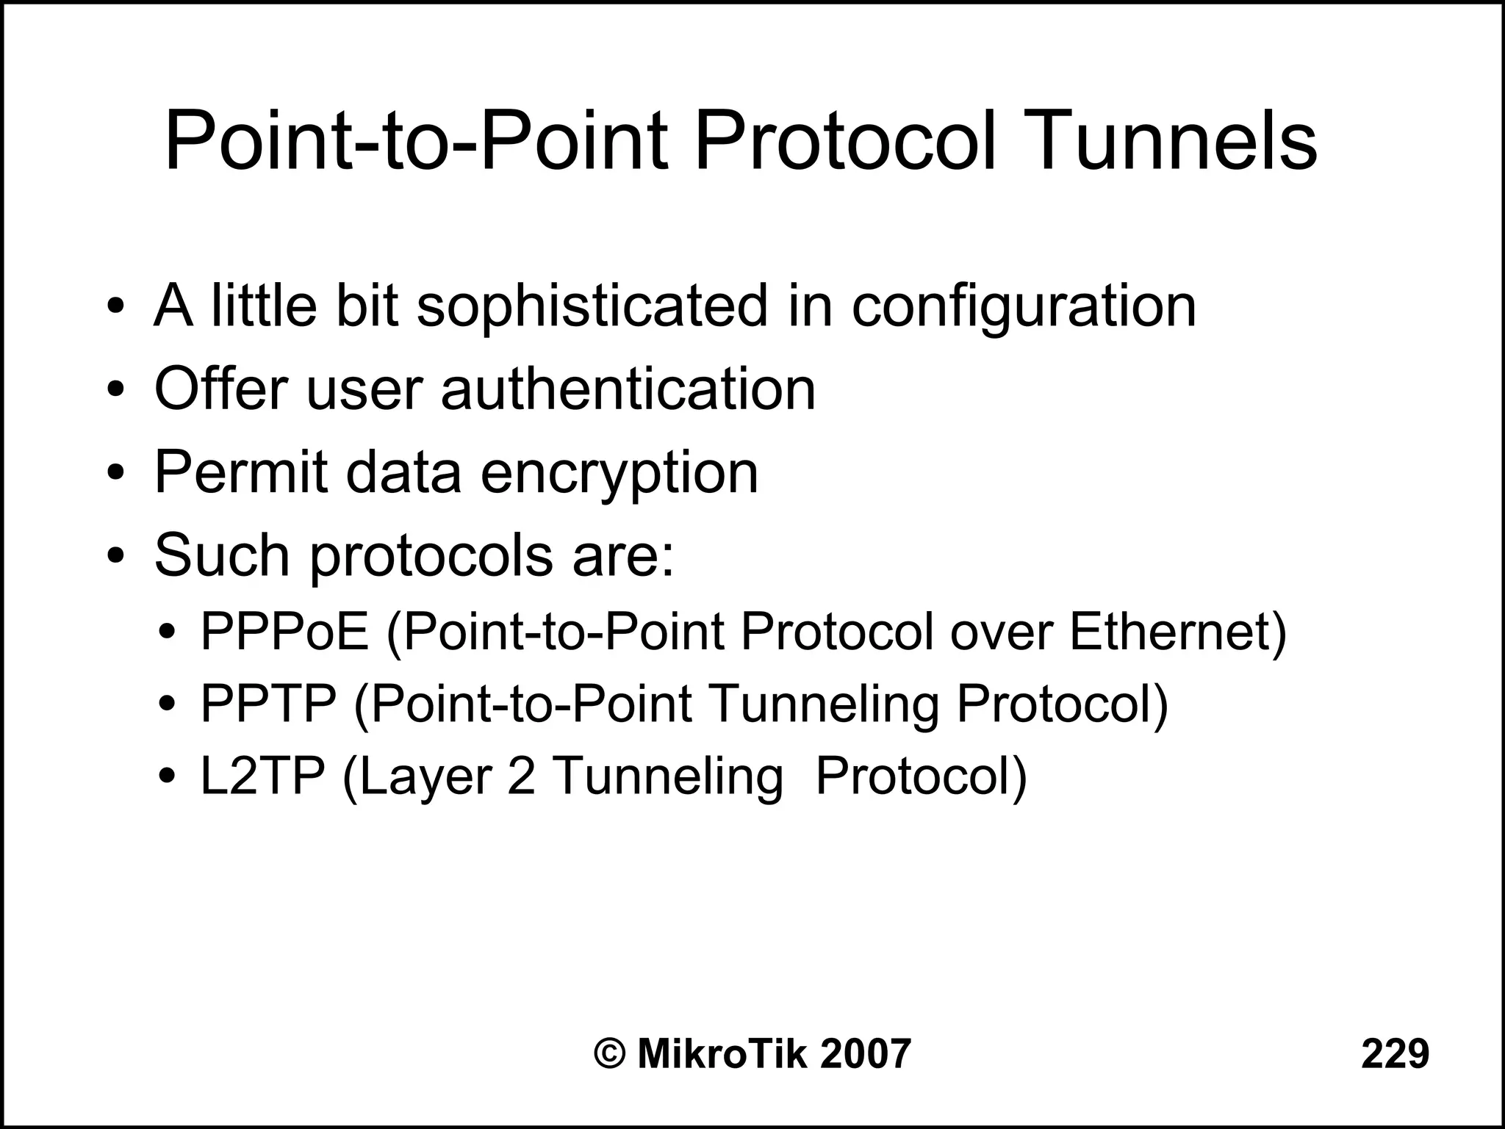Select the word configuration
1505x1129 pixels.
pyautogui.click(x=1024, y=307)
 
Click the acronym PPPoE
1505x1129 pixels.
pyautogui.click(x=284, y=632)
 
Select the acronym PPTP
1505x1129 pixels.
pyautogui.click(x=268, y=704)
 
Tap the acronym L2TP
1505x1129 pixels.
pyautogui.click(x=262, y=776)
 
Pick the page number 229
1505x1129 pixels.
pyautogui.click(x=1395, y=1053)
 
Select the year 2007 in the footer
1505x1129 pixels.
pyautogui.click(x=865, y=1053)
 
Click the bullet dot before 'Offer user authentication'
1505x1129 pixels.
pyautogui.click(x=115, y=389)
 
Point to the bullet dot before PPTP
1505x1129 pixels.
pyautogui.click(x=168, y=704)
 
